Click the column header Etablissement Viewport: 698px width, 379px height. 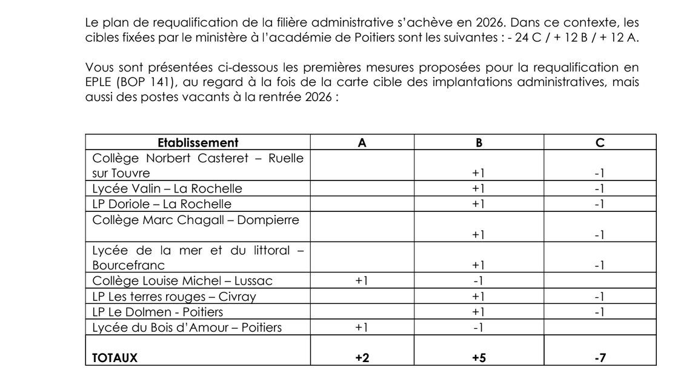[x=198, y=143]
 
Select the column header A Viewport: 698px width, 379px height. [x=362, y=143]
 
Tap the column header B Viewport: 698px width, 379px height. [x=479, y=143]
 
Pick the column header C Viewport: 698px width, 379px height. [x=600, y=143]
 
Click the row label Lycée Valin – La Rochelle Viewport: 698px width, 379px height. [x=167, y=188]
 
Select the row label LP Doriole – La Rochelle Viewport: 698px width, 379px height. [x=162, y=204]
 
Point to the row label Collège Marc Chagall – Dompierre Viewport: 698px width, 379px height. [x=196, y=220]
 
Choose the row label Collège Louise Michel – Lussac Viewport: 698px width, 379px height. [x=182, y=281]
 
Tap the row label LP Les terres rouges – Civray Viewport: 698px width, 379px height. [x=174, y=297]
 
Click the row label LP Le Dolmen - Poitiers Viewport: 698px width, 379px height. [x=158, y=312]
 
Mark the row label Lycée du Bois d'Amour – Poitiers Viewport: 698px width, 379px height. [x=187, y=328]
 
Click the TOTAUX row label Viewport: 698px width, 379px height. [x=115, y=358]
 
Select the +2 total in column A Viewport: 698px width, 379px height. [x=362, y=358]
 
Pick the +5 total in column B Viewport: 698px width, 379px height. [x=479, y=358]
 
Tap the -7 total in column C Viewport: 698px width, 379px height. [x=600, y=358]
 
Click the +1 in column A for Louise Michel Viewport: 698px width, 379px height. [x=362, y=281]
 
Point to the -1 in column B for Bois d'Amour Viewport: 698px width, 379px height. [x=479, y=328]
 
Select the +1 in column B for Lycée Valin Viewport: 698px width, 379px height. [x=479, y=188]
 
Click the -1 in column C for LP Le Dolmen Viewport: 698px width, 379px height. [x=600, y=312]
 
